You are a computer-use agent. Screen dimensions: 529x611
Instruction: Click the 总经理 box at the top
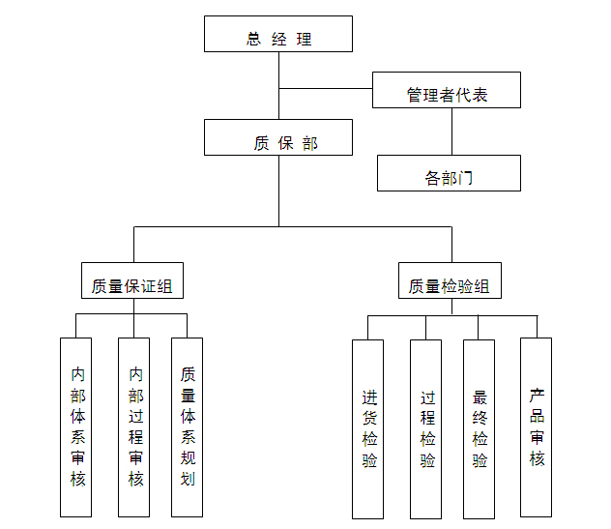click(278, 34)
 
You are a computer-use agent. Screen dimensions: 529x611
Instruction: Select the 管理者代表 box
click(447, 90)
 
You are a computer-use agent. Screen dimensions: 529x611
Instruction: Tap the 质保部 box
click(278, 137)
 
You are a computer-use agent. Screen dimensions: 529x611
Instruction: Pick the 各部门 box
click(449, 173)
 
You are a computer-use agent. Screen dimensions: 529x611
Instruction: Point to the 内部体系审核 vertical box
click(76, 426)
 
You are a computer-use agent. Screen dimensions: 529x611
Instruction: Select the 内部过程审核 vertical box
click(134, 426)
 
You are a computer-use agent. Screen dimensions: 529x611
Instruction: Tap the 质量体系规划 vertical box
click(188, 426)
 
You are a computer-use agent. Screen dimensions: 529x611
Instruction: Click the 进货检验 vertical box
click(368, 427)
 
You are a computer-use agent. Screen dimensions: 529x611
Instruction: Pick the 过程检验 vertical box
click(426, 427)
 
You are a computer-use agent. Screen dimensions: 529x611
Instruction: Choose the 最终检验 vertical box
click(480, 427)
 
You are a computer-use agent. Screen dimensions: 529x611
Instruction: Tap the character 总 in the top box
click(253, 40)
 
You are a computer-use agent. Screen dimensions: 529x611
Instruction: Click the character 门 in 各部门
click(467, 178)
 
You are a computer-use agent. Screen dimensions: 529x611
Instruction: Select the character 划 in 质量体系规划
click(188, 479)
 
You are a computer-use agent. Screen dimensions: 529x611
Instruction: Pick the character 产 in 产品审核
click(537, 395)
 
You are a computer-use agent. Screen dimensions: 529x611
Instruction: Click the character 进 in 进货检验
click(369, 397)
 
